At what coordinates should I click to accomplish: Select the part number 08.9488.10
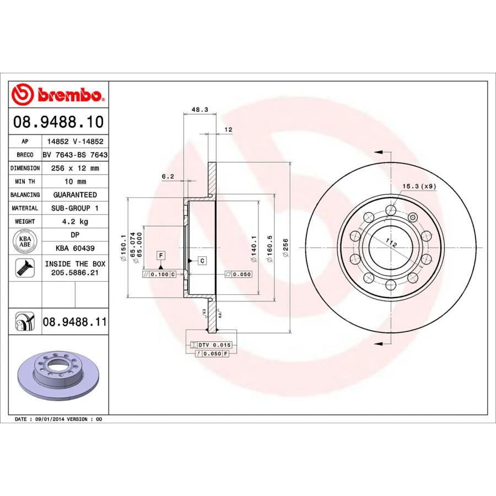(x=58, y=122)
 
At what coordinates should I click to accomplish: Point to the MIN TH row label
(x=25, y=181)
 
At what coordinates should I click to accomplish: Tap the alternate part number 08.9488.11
(x=74, y=321)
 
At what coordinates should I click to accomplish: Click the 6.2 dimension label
(x=168, y=176)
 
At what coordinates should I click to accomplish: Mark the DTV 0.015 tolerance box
(x=212, y=344)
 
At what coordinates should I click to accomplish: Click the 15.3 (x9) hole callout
(x=419, y=186)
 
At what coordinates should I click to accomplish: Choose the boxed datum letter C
(x=202, y=260)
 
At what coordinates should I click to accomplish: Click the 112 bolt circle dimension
(x=391, y=243)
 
